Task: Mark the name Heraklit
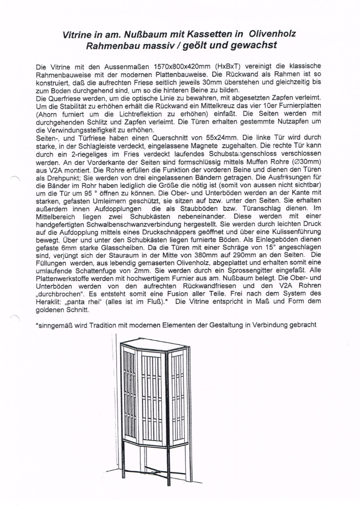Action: pos(48,300)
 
